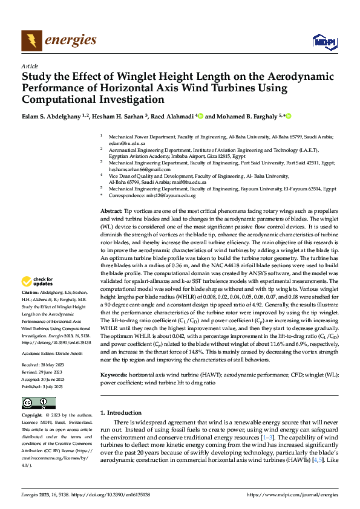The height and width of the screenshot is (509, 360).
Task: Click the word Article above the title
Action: (x=30, y=66)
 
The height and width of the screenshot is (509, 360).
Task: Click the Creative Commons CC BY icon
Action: (x=39, y=403)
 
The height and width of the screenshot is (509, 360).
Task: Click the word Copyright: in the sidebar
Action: (x=32, y=415)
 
